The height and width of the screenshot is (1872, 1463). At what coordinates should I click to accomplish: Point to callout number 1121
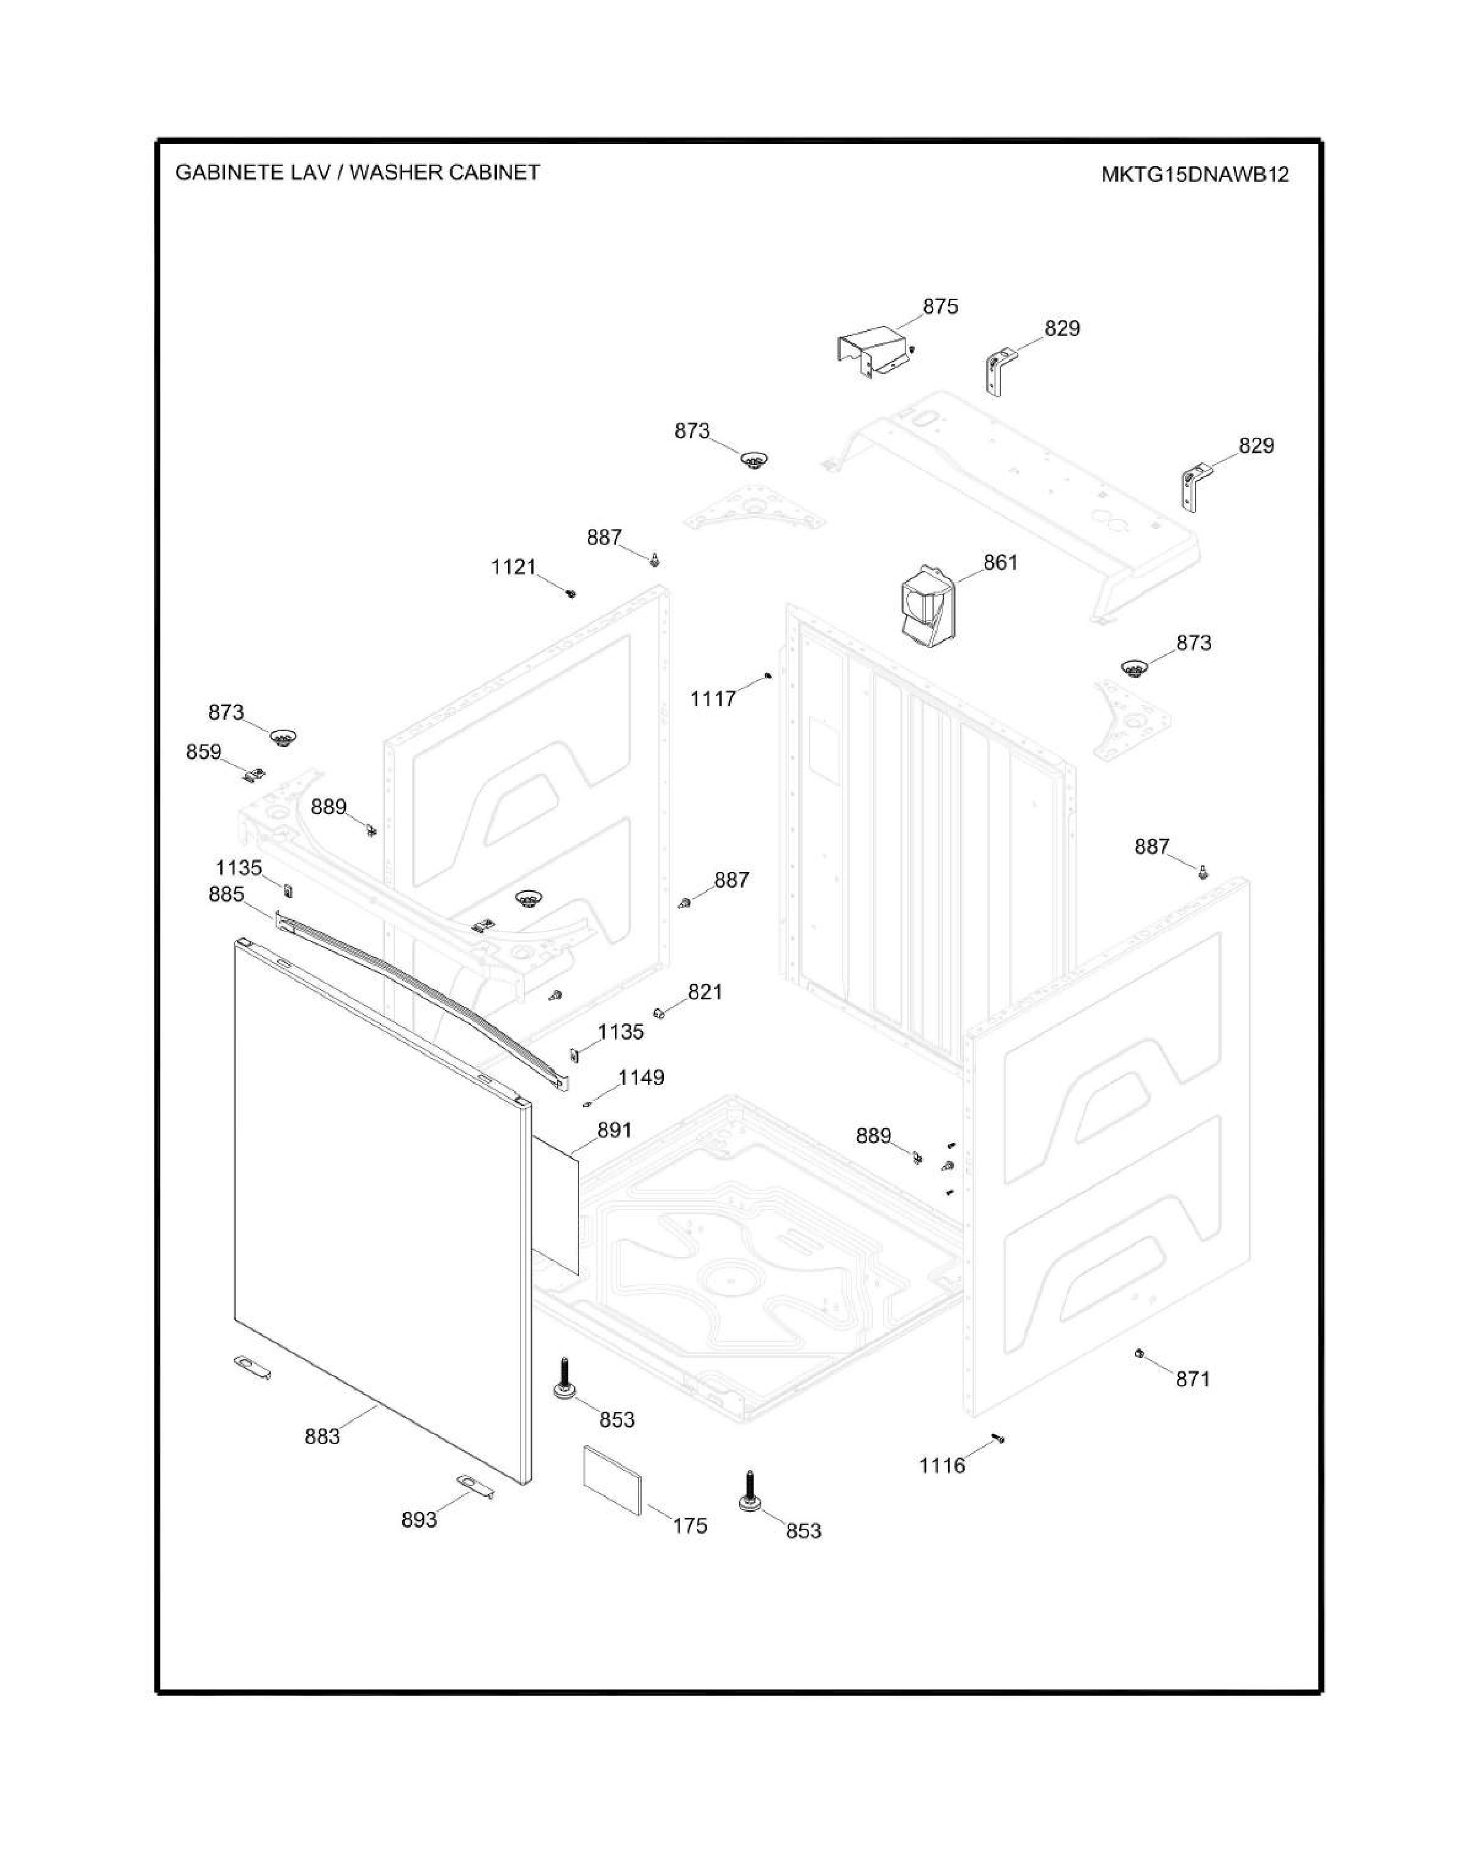coord(513,567)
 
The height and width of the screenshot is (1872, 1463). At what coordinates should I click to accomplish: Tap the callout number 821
coord(705,992)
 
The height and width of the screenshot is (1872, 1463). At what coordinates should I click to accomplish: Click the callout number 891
coord(614,1130)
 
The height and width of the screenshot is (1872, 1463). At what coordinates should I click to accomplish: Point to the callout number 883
coord(322,1436)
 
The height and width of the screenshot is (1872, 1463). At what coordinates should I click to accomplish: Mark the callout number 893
coord(419,1519)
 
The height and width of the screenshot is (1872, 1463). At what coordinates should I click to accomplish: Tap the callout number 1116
coord(942,1466)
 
